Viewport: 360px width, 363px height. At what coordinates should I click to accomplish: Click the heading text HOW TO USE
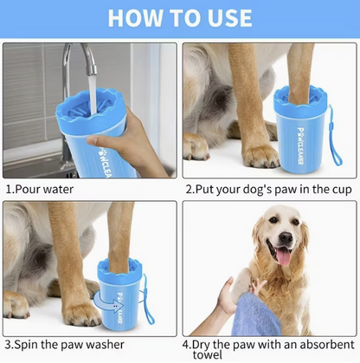click(180, 16)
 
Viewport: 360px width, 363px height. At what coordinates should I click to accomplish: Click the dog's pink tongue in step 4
click(282, 255)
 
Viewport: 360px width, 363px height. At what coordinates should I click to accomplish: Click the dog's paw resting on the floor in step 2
click(260, 156)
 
